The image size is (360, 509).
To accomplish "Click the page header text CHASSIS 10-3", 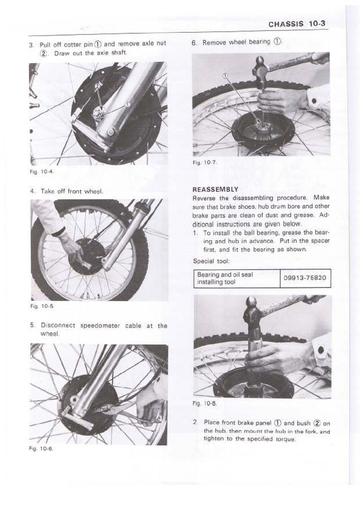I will point(298,24).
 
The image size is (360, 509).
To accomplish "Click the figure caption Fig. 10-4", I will point(38,171).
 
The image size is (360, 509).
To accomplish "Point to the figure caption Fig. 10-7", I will point(201,162).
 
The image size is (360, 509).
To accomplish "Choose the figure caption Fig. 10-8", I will point(201,404).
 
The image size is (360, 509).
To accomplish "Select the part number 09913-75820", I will point(306,278).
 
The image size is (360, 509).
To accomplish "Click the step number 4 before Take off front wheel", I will point(32,192).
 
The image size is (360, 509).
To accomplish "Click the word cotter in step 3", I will point(71,44).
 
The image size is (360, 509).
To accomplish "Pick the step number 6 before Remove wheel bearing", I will point(194,43).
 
